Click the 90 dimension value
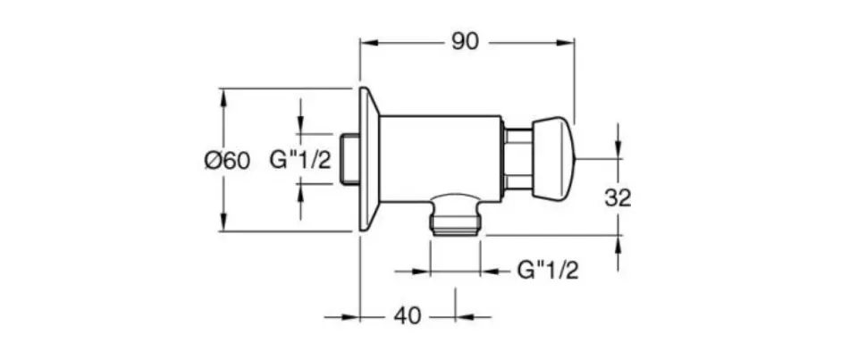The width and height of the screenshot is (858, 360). (465, 42)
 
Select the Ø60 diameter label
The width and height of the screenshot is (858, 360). (227, 161)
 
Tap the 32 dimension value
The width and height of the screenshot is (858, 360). (618, 198)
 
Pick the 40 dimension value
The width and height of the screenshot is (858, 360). (408, 315)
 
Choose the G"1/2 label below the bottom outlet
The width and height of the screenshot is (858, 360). (548, 271)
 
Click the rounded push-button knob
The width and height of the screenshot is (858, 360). (553, 159)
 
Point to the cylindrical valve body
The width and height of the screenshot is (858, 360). (441, 159)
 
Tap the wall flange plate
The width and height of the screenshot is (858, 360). (369, 159)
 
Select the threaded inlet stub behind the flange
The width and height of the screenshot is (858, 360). (349, 159)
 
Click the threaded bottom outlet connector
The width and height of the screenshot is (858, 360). (455, 215)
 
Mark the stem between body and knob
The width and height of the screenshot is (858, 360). (517, 159)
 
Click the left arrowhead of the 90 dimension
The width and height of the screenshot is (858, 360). (370, 42)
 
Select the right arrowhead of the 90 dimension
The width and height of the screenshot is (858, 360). (564, 42)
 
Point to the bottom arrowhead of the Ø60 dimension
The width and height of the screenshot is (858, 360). (223, 221)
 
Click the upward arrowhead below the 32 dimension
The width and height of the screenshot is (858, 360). (618, 245)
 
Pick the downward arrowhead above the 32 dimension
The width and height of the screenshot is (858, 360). (618, 148)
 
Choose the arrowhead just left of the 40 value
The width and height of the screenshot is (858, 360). (349, 317)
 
